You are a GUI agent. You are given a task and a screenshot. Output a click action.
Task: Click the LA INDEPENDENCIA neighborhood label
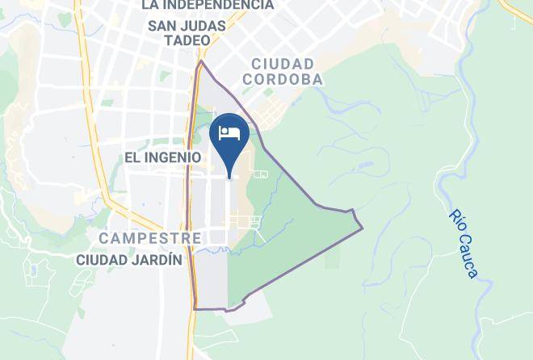pos(207,5)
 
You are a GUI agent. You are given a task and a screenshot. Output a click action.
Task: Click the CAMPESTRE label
pos(149,238)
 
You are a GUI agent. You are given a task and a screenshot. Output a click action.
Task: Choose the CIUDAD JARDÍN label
pos(129,260)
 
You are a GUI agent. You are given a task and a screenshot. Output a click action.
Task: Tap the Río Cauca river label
pos(463,243)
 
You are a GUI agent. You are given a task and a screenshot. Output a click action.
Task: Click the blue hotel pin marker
pos(230,137)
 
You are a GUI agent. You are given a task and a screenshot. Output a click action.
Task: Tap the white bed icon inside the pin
pos(230,132)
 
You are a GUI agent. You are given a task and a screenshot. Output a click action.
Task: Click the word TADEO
pos(187,40)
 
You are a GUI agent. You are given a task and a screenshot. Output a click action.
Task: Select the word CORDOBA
pos(283,79)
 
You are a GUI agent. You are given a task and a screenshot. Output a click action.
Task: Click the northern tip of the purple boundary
pos(201,61)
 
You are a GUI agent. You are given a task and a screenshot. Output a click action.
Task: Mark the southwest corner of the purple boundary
pos(195,308)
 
